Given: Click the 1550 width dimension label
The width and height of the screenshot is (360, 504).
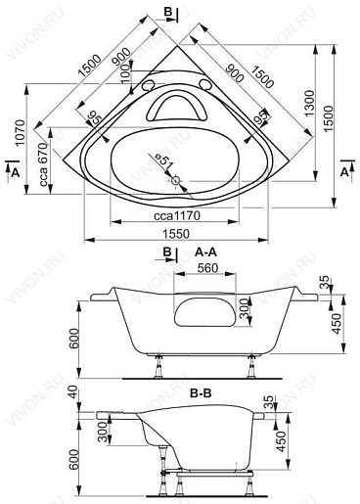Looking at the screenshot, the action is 176,234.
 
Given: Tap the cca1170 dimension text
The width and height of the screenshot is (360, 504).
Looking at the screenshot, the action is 177,216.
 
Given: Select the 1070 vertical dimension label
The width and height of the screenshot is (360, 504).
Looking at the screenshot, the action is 20,133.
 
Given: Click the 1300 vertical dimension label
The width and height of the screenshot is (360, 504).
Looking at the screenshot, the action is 309,104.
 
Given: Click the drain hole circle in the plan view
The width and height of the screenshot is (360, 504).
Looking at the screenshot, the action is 176,180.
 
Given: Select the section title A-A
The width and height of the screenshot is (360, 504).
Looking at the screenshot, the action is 206,252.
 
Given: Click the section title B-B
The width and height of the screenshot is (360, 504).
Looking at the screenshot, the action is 201,393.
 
